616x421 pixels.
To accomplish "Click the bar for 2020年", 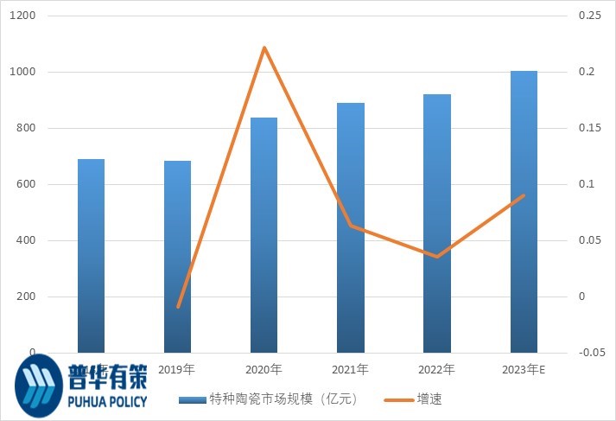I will (264, 235).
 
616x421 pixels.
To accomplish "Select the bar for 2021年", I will (350, 227).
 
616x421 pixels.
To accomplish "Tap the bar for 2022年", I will (436, 223).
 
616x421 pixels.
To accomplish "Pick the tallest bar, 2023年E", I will (524, 212).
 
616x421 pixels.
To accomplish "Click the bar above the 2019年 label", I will (177, 256).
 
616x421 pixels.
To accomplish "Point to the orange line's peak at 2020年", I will (264, 48).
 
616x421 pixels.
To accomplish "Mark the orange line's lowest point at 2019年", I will (178, 307).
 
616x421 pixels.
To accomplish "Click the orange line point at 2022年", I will (437, 257).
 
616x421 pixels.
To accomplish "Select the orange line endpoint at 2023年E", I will (524, 195).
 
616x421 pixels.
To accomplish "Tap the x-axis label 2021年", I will (351, 370).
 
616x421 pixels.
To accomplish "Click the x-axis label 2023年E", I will (524, 370).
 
